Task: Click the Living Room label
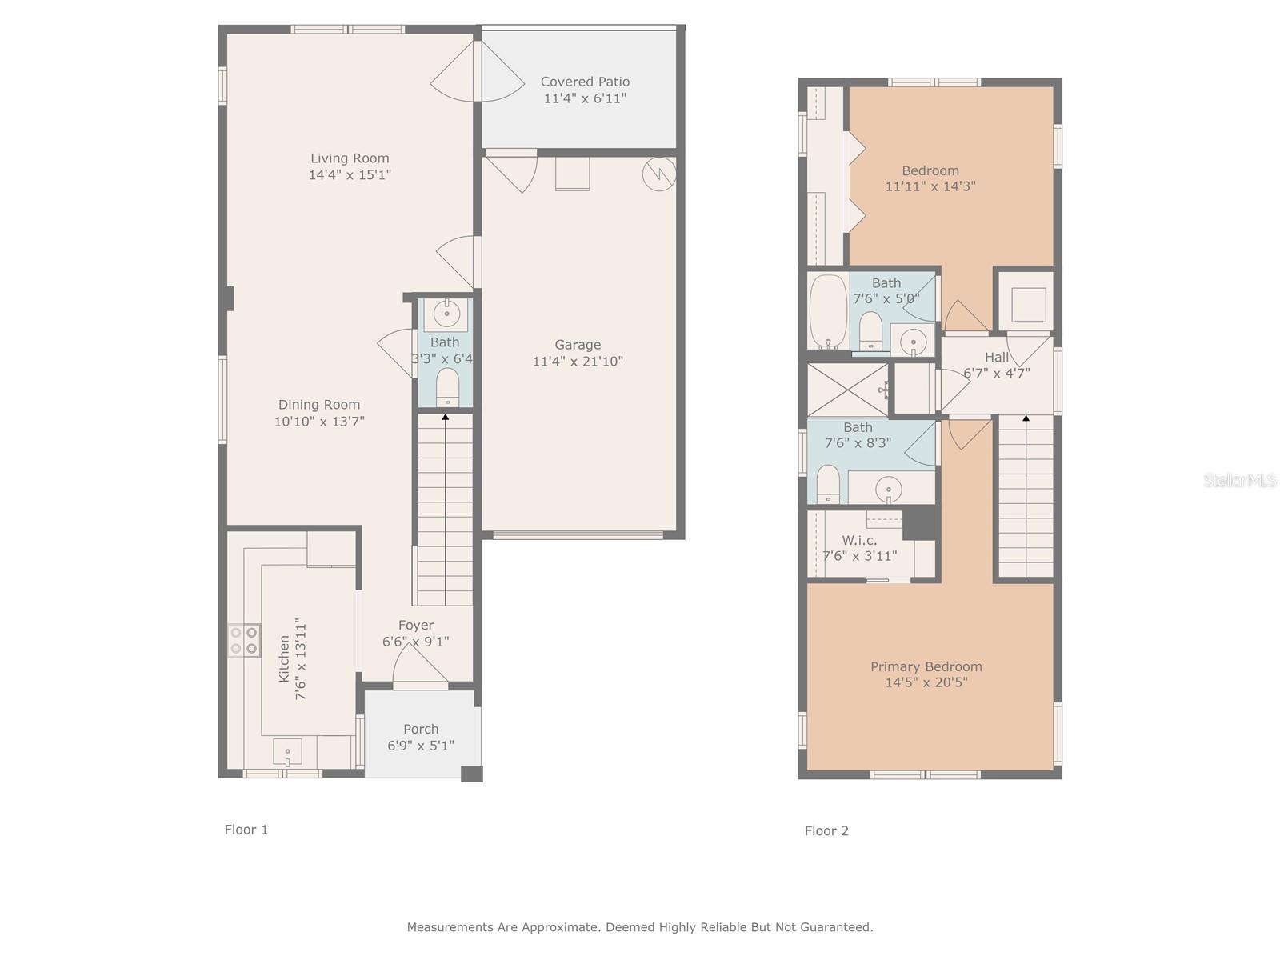[x=350, y=158]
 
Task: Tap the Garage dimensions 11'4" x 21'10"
[x=578, y=362]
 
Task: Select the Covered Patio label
[x=585, y=82]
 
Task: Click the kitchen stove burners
[x=244, y=640]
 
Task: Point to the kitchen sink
[x=287, y=752]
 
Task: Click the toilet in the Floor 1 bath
[x=447, y=387]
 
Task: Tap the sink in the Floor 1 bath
[x=447, y=314]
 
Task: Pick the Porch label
[x=421, y=729]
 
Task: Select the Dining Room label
[x=319, y=405]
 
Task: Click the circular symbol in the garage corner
[x=659, y=174]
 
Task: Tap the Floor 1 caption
[x=246, y=830]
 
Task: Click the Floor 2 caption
[x=826, y=830]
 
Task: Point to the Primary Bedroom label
[x=926, y=667]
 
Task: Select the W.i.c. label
[x=859, y=540]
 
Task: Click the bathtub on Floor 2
[x=828, y=312]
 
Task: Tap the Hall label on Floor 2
[x=997, y=358]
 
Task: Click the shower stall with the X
[x=848, y=390]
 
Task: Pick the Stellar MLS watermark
[x=1240, y=480]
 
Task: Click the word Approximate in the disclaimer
[x=565, y=927]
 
